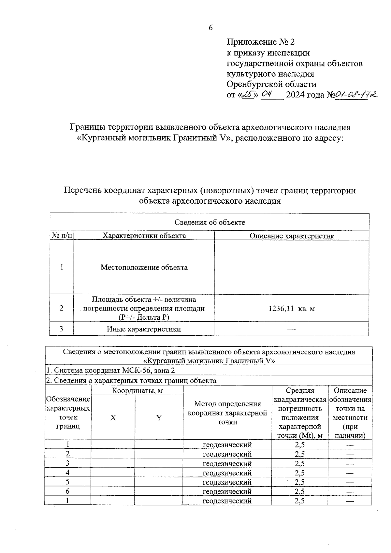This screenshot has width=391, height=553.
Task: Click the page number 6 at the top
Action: pos(210,28)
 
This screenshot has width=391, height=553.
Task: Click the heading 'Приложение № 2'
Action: pos(260,42)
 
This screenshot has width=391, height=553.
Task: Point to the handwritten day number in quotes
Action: pos(249,95)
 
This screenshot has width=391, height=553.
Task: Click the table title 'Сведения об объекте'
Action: pos(210,222)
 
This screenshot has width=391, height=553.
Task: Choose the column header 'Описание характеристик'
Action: pos(292,236)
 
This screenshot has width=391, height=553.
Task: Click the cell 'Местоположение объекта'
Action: pos(144,268)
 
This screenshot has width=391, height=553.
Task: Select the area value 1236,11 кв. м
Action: pos(292,308)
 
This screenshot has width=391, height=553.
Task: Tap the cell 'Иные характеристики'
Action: pos(144,329)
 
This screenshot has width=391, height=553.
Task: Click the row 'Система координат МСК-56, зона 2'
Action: pos(111,371)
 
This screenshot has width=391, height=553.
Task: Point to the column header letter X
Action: pos(113,418)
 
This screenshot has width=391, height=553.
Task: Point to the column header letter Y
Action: pos(159,418)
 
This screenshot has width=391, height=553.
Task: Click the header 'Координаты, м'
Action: pos(137,391)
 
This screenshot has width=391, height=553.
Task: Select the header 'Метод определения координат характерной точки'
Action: pos(227,413)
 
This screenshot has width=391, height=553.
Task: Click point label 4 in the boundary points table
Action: pos(68,473)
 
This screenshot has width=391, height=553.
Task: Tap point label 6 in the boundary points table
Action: pos(68,491)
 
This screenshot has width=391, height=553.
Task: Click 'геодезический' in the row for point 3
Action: pos(227,463)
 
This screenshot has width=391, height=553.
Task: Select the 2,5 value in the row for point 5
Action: pos(299,482)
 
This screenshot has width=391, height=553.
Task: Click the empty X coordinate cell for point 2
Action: pos(113,454)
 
